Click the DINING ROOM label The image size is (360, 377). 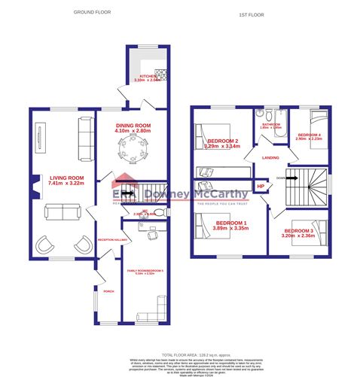133,125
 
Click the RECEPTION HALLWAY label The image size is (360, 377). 109,239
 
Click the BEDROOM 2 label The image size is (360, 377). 221,141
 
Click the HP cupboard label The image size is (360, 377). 261,186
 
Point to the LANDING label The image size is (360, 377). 271,157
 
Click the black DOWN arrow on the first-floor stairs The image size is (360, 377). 282,178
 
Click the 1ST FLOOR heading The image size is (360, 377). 251,14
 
